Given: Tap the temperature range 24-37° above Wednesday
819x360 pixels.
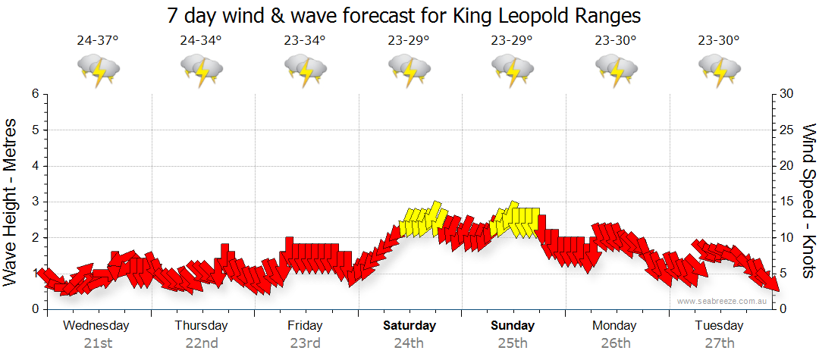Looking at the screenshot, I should [98, 41].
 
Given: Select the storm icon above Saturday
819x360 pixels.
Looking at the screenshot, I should [409, 70].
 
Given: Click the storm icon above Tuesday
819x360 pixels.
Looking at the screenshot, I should [720, 70].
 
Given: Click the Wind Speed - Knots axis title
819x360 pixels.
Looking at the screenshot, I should [808, 200].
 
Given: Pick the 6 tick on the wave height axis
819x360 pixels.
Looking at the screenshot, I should [35, 94].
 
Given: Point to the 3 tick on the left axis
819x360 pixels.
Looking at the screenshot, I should [35, 202].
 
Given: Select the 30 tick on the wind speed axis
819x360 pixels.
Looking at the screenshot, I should [786, 94].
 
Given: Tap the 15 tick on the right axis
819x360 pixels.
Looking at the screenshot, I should [786, 202].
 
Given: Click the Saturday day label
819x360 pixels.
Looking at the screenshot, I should [409, 326].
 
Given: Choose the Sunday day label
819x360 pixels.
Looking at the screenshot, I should [513, 326].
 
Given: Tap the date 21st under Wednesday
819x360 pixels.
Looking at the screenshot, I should [98, 343].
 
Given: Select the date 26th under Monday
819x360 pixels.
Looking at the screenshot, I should [615, 343].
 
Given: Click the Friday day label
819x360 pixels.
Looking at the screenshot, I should [306, 326].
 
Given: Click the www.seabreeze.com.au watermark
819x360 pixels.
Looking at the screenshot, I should [723, 301].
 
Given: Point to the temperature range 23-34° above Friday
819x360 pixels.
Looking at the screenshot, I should [306, 41].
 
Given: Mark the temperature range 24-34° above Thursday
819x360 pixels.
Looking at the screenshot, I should [201, 41].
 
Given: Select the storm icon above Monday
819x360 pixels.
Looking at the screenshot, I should [616, 70].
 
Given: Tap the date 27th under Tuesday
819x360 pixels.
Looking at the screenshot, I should [720, 343].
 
